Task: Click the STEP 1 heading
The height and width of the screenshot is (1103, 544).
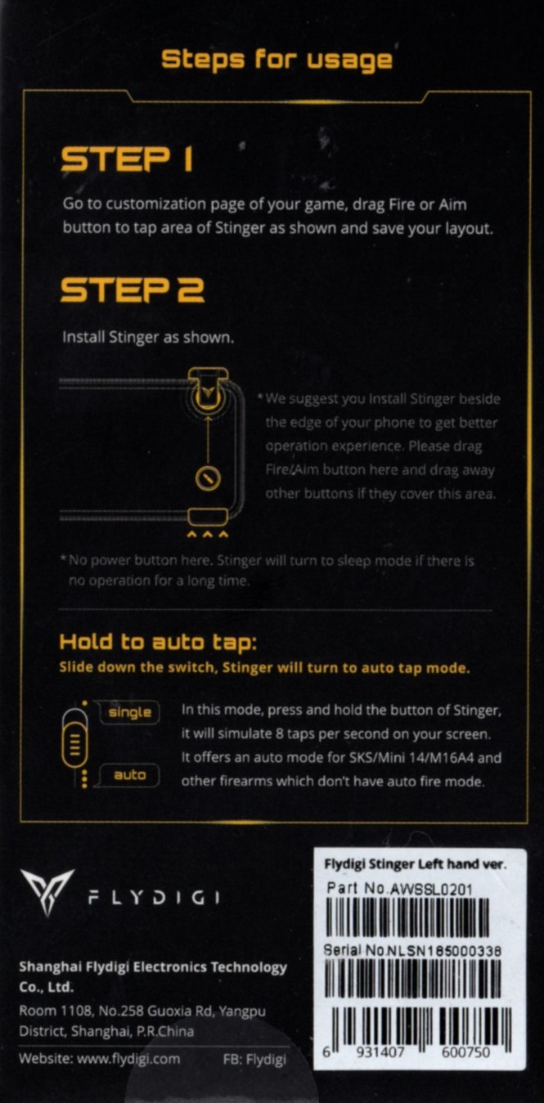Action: click(x=126, y=159)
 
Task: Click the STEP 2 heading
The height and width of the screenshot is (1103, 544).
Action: click(x=132, y=289)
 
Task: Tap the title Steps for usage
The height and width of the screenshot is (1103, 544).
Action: click(x=277, y=60)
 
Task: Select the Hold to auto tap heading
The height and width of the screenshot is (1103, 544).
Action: click(x=158, y=643)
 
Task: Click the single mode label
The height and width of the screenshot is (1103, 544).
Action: click(x=129, y=712)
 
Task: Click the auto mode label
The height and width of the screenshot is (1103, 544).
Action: click(x=129, y=775)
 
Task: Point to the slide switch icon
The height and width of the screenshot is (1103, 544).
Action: click(x=75, y=740)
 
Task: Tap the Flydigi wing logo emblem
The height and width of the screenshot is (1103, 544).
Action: click(x=47, y=893)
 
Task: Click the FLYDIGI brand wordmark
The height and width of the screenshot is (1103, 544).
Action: click(x=154, y=898)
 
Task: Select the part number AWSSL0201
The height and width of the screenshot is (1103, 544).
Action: click(x=430, y=890)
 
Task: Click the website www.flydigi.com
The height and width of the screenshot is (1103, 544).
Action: click(x=128, y=1059)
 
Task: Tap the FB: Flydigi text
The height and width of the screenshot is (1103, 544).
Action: click(x=254, y=1059)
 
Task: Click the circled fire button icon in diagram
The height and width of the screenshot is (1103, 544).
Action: click(x=208, y=478)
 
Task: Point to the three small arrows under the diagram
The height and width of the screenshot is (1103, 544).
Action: click(x=208, y=534)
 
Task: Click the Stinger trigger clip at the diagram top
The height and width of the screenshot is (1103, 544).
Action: click(x=208, y=389)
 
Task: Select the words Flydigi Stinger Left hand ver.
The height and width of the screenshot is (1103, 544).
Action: click(x=415, y=864)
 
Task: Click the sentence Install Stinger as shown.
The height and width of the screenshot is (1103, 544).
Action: click(x=148, y=338)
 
